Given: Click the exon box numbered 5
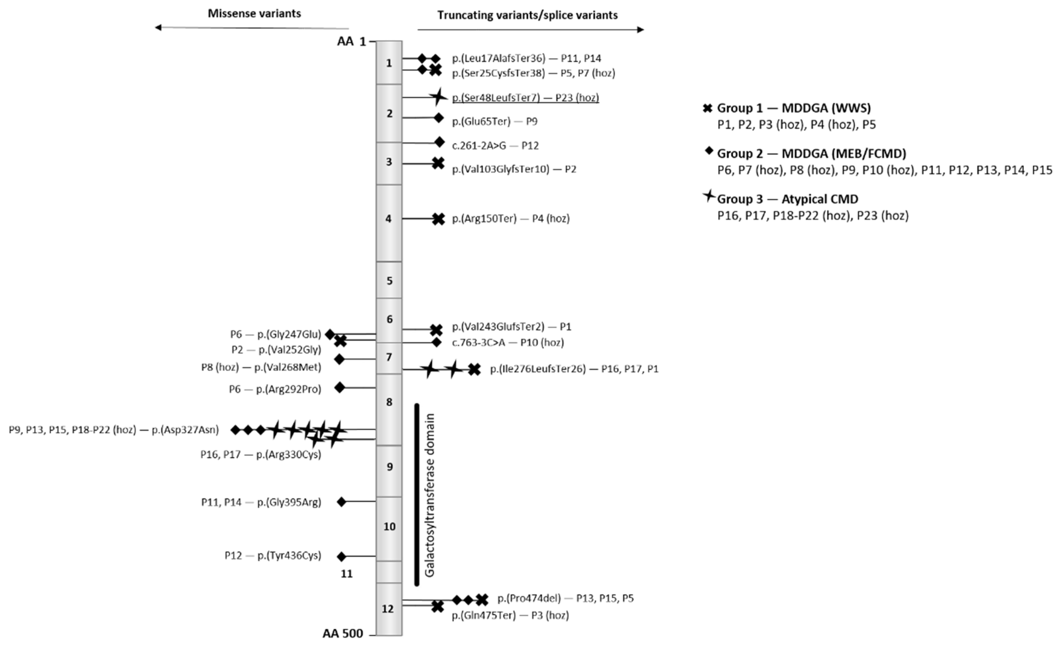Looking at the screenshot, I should click(389, 280).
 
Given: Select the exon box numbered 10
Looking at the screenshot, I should click(389, 528).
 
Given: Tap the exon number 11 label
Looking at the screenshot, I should click(347, 574).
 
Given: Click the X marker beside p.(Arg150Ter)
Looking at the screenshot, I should click(438, 219).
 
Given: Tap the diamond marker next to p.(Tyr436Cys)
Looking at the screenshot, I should click(341, 556).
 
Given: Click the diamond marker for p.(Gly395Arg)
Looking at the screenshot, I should click(341, 501).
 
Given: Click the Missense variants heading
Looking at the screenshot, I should click(254, 14).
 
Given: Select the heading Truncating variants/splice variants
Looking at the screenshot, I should click(527, 15).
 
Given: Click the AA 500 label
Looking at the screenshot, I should click(343, 633).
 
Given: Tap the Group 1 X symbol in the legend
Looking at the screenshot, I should click(707, 108).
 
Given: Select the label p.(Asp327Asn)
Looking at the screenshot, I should click(185, 430).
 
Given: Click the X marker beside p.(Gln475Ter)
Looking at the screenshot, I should click(437, 606).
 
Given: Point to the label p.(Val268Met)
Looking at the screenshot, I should click(288, 367).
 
